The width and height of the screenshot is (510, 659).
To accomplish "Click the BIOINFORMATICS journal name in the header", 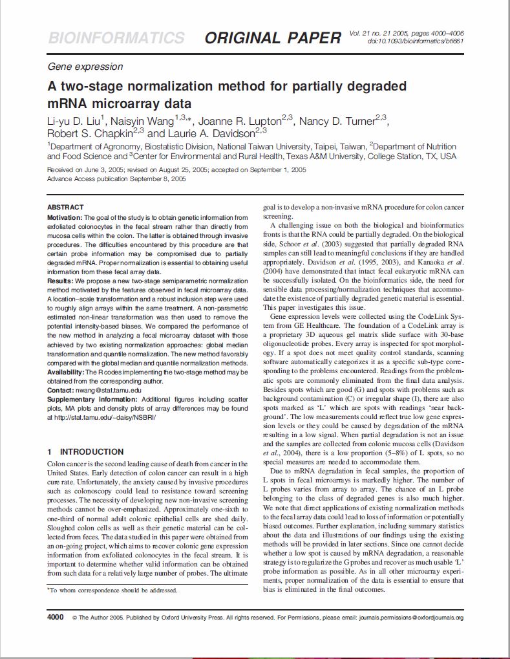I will (116, 38).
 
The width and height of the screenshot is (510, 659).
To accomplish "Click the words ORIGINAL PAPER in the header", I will (273, 38).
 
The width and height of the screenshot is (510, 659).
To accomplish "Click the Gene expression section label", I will (85, 67).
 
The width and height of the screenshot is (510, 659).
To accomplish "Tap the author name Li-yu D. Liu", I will (74, 121).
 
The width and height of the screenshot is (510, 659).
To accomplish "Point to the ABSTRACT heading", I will (65, 207).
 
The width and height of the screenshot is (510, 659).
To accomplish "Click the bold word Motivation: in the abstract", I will (65, 217).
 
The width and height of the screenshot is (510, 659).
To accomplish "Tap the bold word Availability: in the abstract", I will (67, 373).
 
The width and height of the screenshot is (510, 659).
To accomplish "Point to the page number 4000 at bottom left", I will (56, 618).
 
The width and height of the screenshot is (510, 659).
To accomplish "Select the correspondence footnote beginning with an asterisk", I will (112, 590).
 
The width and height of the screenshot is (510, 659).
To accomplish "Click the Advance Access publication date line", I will (117, 178).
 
